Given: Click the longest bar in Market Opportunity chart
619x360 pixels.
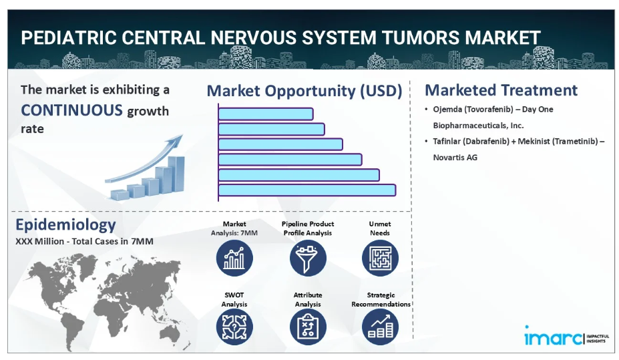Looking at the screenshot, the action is (x=307, y=190).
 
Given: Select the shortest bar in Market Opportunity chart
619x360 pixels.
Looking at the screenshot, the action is (x=266, y=114).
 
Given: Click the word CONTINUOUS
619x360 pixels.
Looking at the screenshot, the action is (x=72, y=110).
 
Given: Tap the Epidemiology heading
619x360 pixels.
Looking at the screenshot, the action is (x=65, y=224).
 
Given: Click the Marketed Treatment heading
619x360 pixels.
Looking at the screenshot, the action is (x=501, y=90).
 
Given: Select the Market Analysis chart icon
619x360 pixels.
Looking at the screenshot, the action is (x=234, y=258).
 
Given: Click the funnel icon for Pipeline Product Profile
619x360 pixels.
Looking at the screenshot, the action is (x=308, y=258).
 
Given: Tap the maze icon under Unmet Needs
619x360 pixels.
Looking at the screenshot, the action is (x=380, y=258).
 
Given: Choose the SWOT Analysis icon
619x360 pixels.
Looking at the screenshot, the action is (x=234, y=327).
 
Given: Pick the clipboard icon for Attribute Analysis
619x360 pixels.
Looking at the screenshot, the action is (x=308, y=327).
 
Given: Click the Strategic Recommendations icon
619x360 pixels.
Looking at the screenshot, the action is (x=380, y=327).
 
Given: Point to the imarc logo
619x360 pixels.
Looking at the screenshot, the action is (x=566, y=337).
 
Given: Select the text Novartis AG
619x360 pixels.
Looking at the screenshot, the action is (x=455, y=158).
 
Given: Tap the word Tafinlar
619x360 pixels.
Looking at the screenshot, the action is (x=447, y=142).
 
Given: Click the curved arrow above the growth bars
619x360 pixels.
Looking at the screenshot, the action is (x=144, y=160).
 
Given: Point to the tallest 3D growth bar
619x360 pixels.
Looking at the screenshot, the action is (x=176, y=175).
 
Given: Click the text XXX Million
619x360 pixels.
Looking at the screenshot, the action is (x=39, y=241).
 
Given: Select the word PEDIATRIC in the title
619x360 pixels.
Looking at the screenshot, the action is (x=69, y=38).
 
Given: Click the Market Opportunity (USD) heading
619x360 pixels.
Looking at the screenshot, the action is (x=304, y=92).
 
